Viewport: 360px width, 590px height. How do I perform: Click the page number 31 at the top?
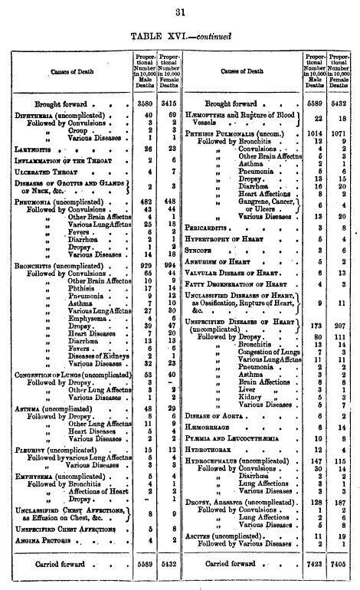tap(181, 11)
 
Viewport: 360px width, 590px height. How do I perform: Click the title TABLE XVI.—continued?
tap(180, 35)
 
